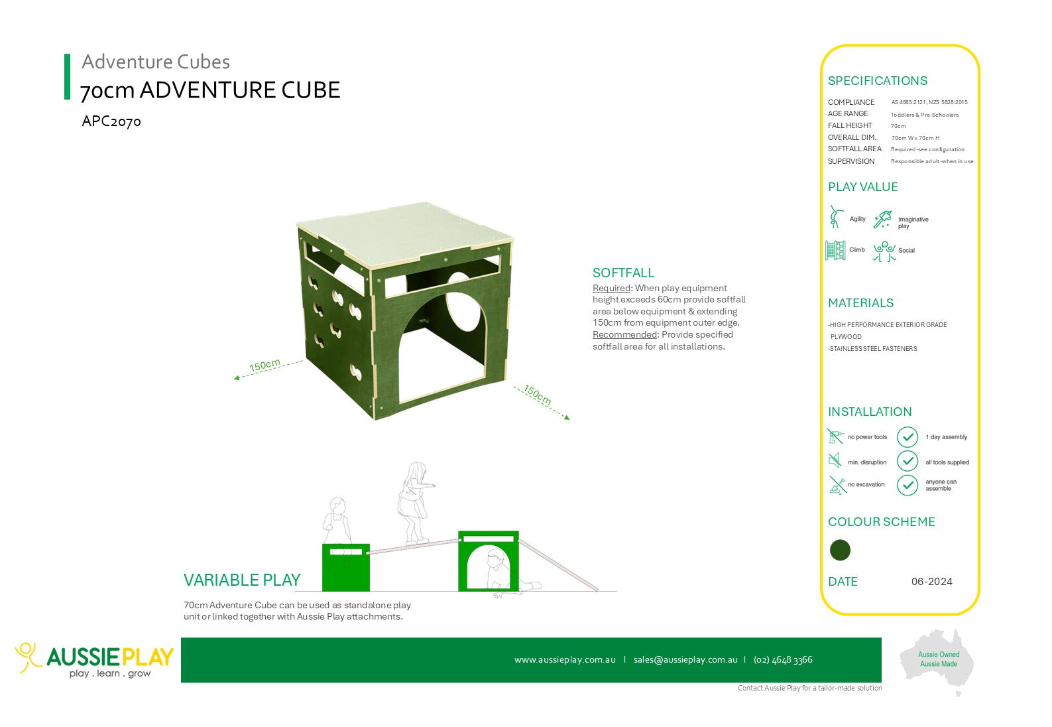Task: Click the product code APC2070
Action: pos(111,121)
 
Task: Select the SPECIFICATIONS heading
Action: pos(877,81)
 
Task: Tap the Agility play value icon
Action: pos(835,217)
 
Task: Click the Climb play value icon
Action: pos(835,250)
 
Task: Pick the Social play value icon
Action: pos(884,251)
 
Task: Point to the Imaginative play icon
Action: pos(882,220)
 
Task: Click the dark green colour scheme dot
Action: pos(840,550)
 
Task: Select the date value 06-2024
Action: pos(931,581)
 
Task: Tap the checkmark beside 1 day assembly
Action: pos(907,437)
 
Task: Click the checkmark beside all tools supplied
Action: pos(907,461)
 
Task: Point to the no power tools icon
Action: pos(835,436)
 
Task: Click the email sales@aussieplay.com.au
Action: pos(685,659)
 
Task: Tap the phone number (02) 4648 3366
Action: pos(783,660)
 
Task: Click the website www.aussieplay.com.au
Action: pos(565,659)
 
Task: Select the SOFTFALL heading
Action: pos(623,273)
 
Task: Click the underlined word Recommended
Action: pos(624,334)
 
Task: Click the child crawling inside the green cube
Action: pos(510,574)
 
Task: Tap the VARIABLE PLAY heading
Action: pos(242,580)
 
